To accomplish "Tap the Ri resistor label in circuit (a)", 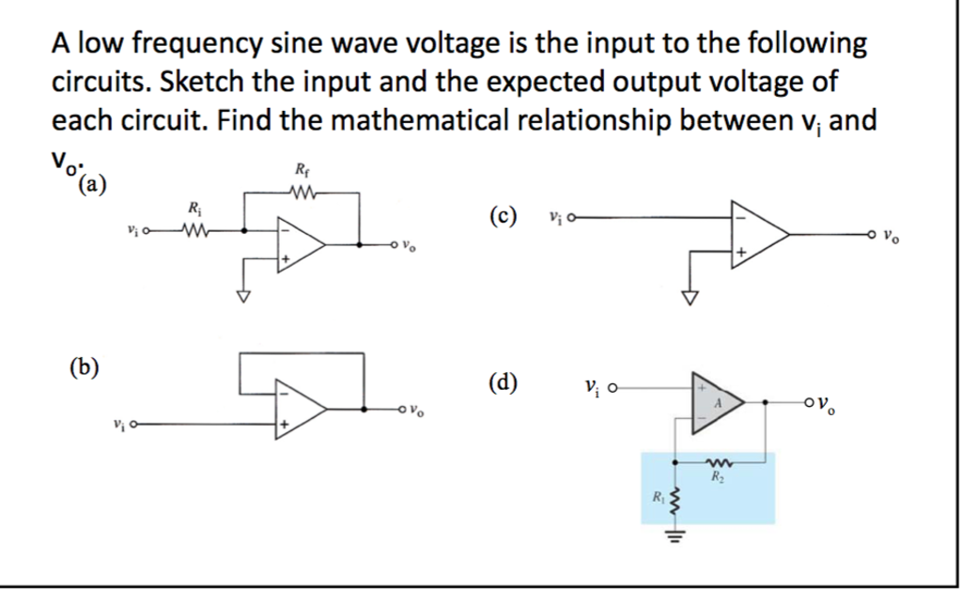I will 194,208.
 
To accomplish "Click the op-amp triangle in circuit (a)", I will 298,244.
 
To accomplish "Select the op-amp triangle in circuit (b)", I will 298,410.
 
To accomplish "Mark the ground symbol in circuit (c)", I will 691,297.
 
